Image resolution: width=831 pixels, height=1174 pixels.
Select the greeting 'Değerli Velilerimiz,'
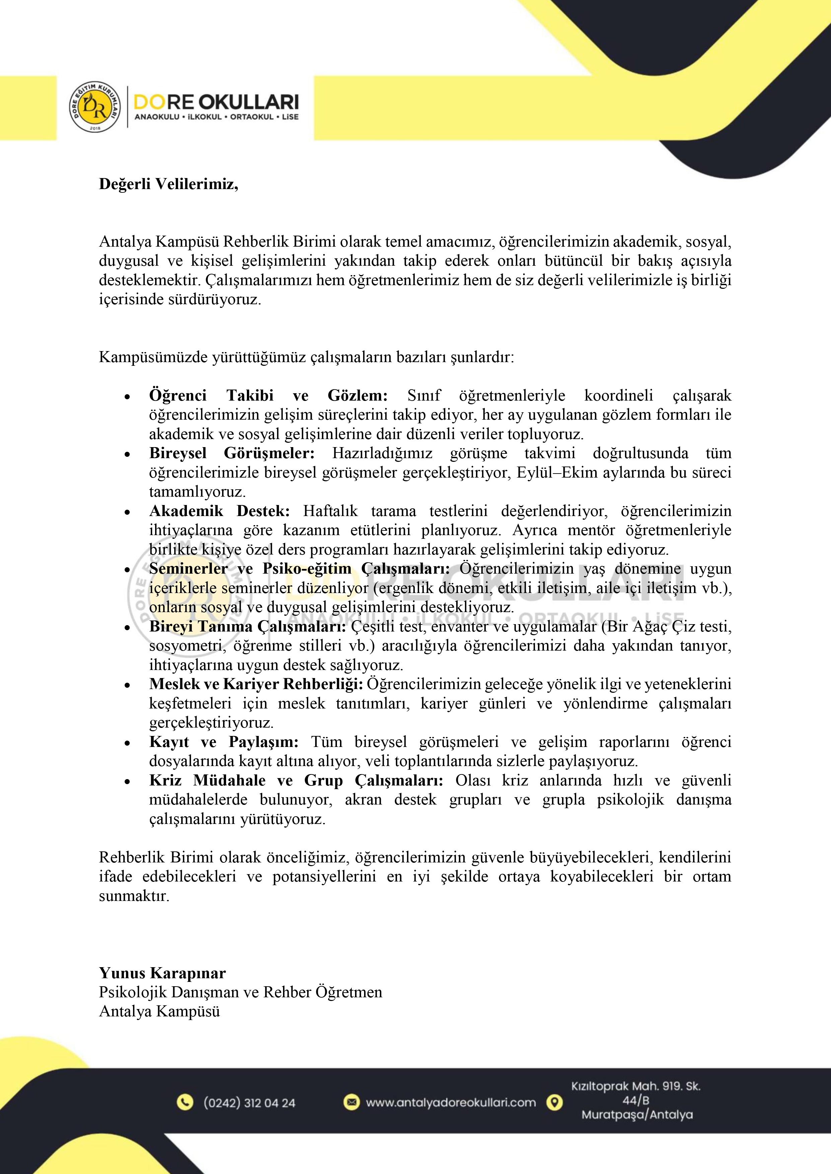[x=168, y=184]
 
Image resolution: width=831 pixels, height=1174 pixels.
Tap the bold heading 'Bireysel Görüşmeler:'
[x=232, y=453]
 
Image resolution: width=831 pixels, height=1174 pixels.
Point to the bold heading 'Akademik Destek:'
[x=219, y=511]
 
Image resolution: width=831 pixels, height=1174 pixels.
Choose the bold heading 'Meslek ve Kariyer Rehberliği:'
[x=256, y=684]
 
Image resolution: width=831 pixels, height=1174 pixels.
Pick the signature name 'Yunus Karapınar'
[x=162, y=973]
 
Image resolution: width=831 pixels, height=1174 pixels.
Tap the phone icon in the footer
[x=185, y=1102]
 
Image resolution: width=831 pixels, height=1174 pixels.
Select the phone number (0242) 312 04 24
[x=249, y=1103]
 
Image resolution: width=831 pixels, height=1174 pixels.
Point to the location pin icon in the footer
[x=554, y=1102]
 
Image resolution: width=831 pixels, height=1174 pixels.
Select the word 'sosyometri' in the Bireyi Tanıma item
[x=185, y=646]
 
